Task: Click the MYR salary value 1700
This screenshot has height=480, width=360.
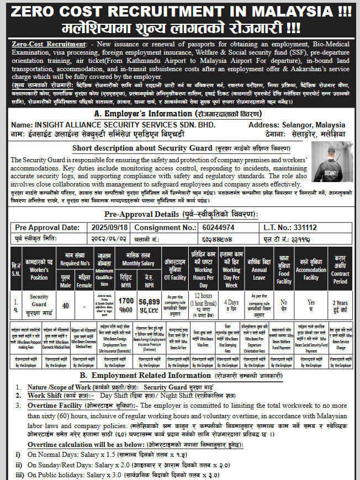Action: (x=126, y=301)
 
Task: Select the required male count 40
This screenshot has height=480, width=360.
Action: (x=65, y=305)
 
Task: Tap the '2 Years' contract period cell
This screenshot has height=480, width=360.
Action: (x=340, y=303)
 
